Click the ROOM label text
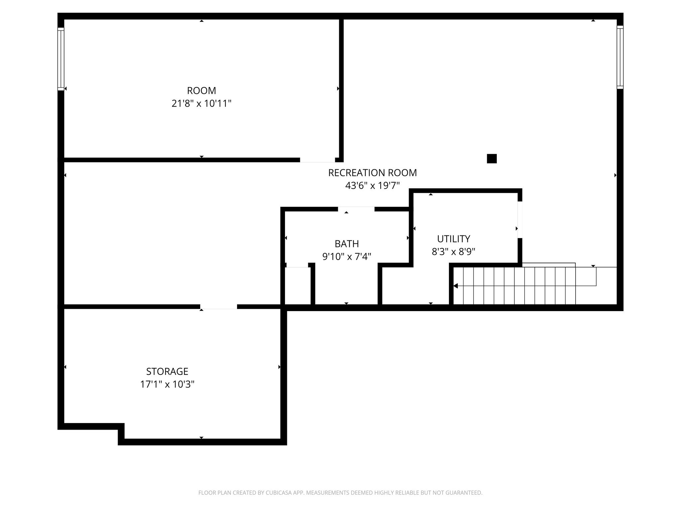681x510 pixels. pyautogui.click(x=202, y=91)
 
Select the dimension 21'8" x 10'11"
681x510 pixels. pyautogui.click(x=202, y=104)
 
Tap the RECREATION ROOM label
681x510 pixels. pyautogui.click(x=372, y=173)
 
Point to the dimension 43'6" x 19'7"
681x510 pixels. pyautogui.click(x=372, y=186)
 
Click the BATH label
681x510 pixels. pyautogui.click(x=347, y=244)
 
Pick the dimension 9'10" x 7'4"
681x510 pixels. pyautogui.click(x=347, y=257)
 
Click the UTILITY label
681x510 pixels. pyautogui.click(x=454, y=239)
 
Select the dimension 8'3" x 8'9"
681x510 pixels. pyautogui.click(x=454, y=252)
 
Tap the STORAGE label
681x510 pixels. pyautogui.click(x=167, y=371)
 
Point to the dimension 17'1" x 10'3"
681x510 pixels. pyautogui.click(x=167, y=384)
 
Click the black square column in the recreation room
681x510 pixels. pyautogui.click(x=492, y=159)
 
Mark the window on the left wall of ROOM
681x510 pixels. pyautogui.click(x=61, y=59)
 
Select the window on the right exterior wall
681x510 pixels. pyautogui.click(x=620, y=57)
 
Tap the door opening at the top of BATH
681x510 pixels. pyautogui.click(x=356, y=209)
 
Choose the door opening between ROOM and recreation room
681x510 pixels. pyautogui.click(x=317, y=160)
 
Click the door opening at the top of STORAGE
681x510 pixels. pyautogui.click(x=218, y=307)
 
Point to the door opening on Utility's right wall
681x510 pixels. pyautogui.click(x=520, y=219)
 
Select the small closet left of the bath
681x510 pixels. pyautogui.click(x=298, y=286)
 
